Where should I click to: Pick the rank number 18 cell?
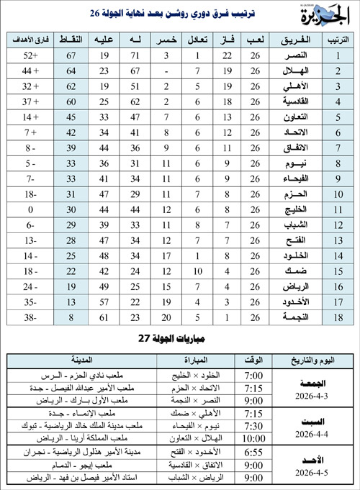334,317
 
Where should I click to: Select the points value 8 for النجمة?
72,317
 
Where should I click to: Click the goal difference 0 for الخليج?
31,209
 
